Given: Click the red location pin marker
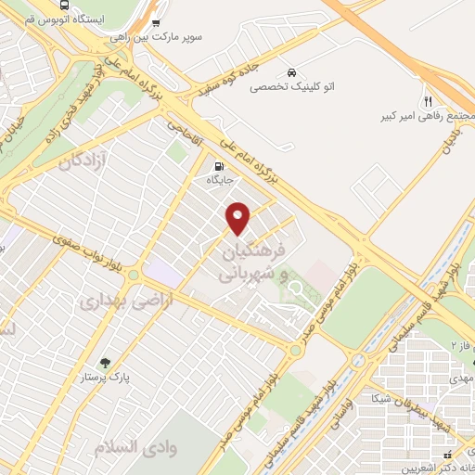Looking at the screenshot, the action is [238, 218].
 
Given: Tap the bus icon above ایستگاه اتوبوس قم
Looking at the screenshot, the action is [155, 24].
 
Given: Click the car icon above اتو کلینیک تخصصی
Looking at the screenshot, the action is [291, 71].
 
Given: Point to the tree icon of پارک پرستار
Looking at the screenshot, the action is [105, 365].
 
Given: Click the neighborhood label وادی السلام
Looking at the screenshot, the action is [128, 447].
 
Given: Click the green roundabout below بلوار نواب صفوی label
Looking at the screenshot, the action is [135, 275].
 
